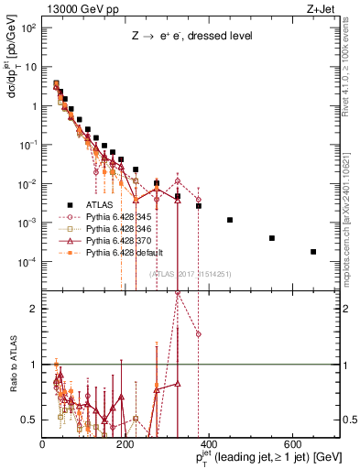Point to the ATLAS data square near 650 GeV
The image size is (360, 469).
pyautogui.click(x=313, y=252)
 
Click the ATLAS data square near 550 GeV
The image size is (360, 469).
pyautogui.click(x=272, y=238)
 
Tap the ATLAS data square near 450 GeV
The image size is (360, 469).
pyautogui.click(x=230, y=220)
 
